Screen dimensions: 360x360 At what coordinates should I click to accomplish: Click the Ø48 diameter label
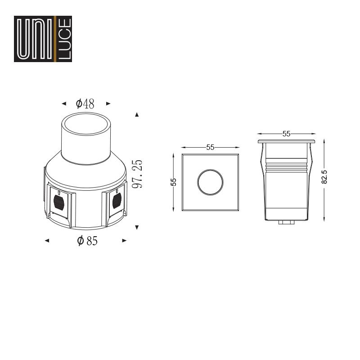point(85,104)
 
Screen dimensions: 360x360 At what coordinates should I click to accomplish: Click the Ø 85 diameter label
point(87,241)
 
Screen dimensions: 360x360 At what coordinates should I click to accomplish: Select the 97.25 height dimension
point(137,174)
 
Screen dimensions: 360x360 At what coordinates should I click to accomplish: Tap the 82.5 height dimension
point(324,177)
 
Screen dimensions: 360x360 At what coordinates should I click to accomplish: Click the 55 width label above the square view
point(210,147)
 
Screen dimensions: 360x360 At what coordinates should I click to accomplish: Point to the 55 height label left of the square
point(174,182)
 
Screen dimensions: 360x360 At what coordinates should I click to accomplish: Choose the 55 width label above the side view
point(286,134)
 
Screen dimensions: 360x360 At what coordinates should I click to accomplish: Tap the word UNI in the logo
point(35,39)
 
